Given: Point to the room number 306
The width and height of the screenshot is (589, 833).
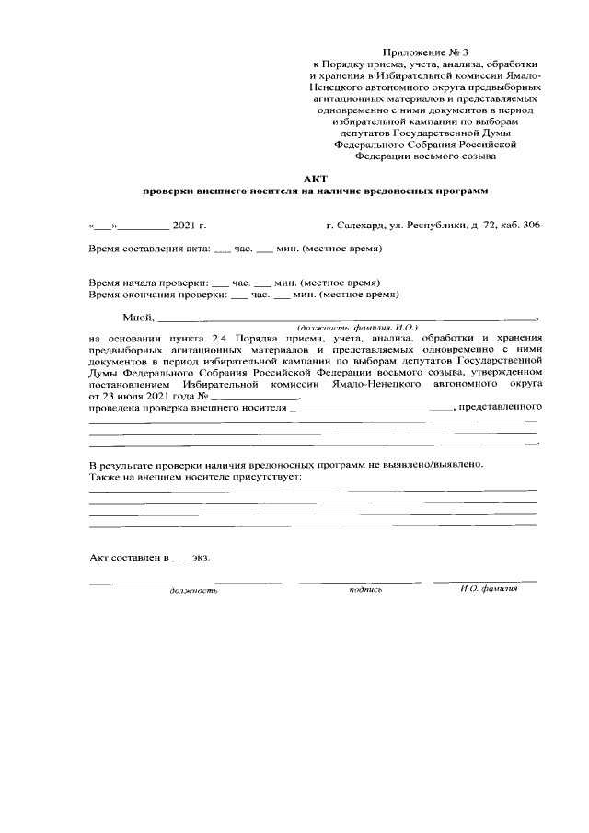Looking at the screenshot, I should coord(531,225).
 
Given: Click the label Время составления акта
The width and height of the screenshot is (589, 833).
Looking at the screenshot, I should coord(149,249).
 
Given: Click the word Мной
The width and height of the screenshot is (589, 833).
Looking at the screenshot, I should coord(138,318).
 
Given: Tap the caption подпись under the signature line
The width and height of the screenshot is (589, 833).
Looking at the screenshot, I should coord(365,589).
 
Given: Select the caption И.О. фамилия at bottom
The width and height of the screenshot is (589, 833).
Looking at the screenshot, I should coord(489,589).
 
